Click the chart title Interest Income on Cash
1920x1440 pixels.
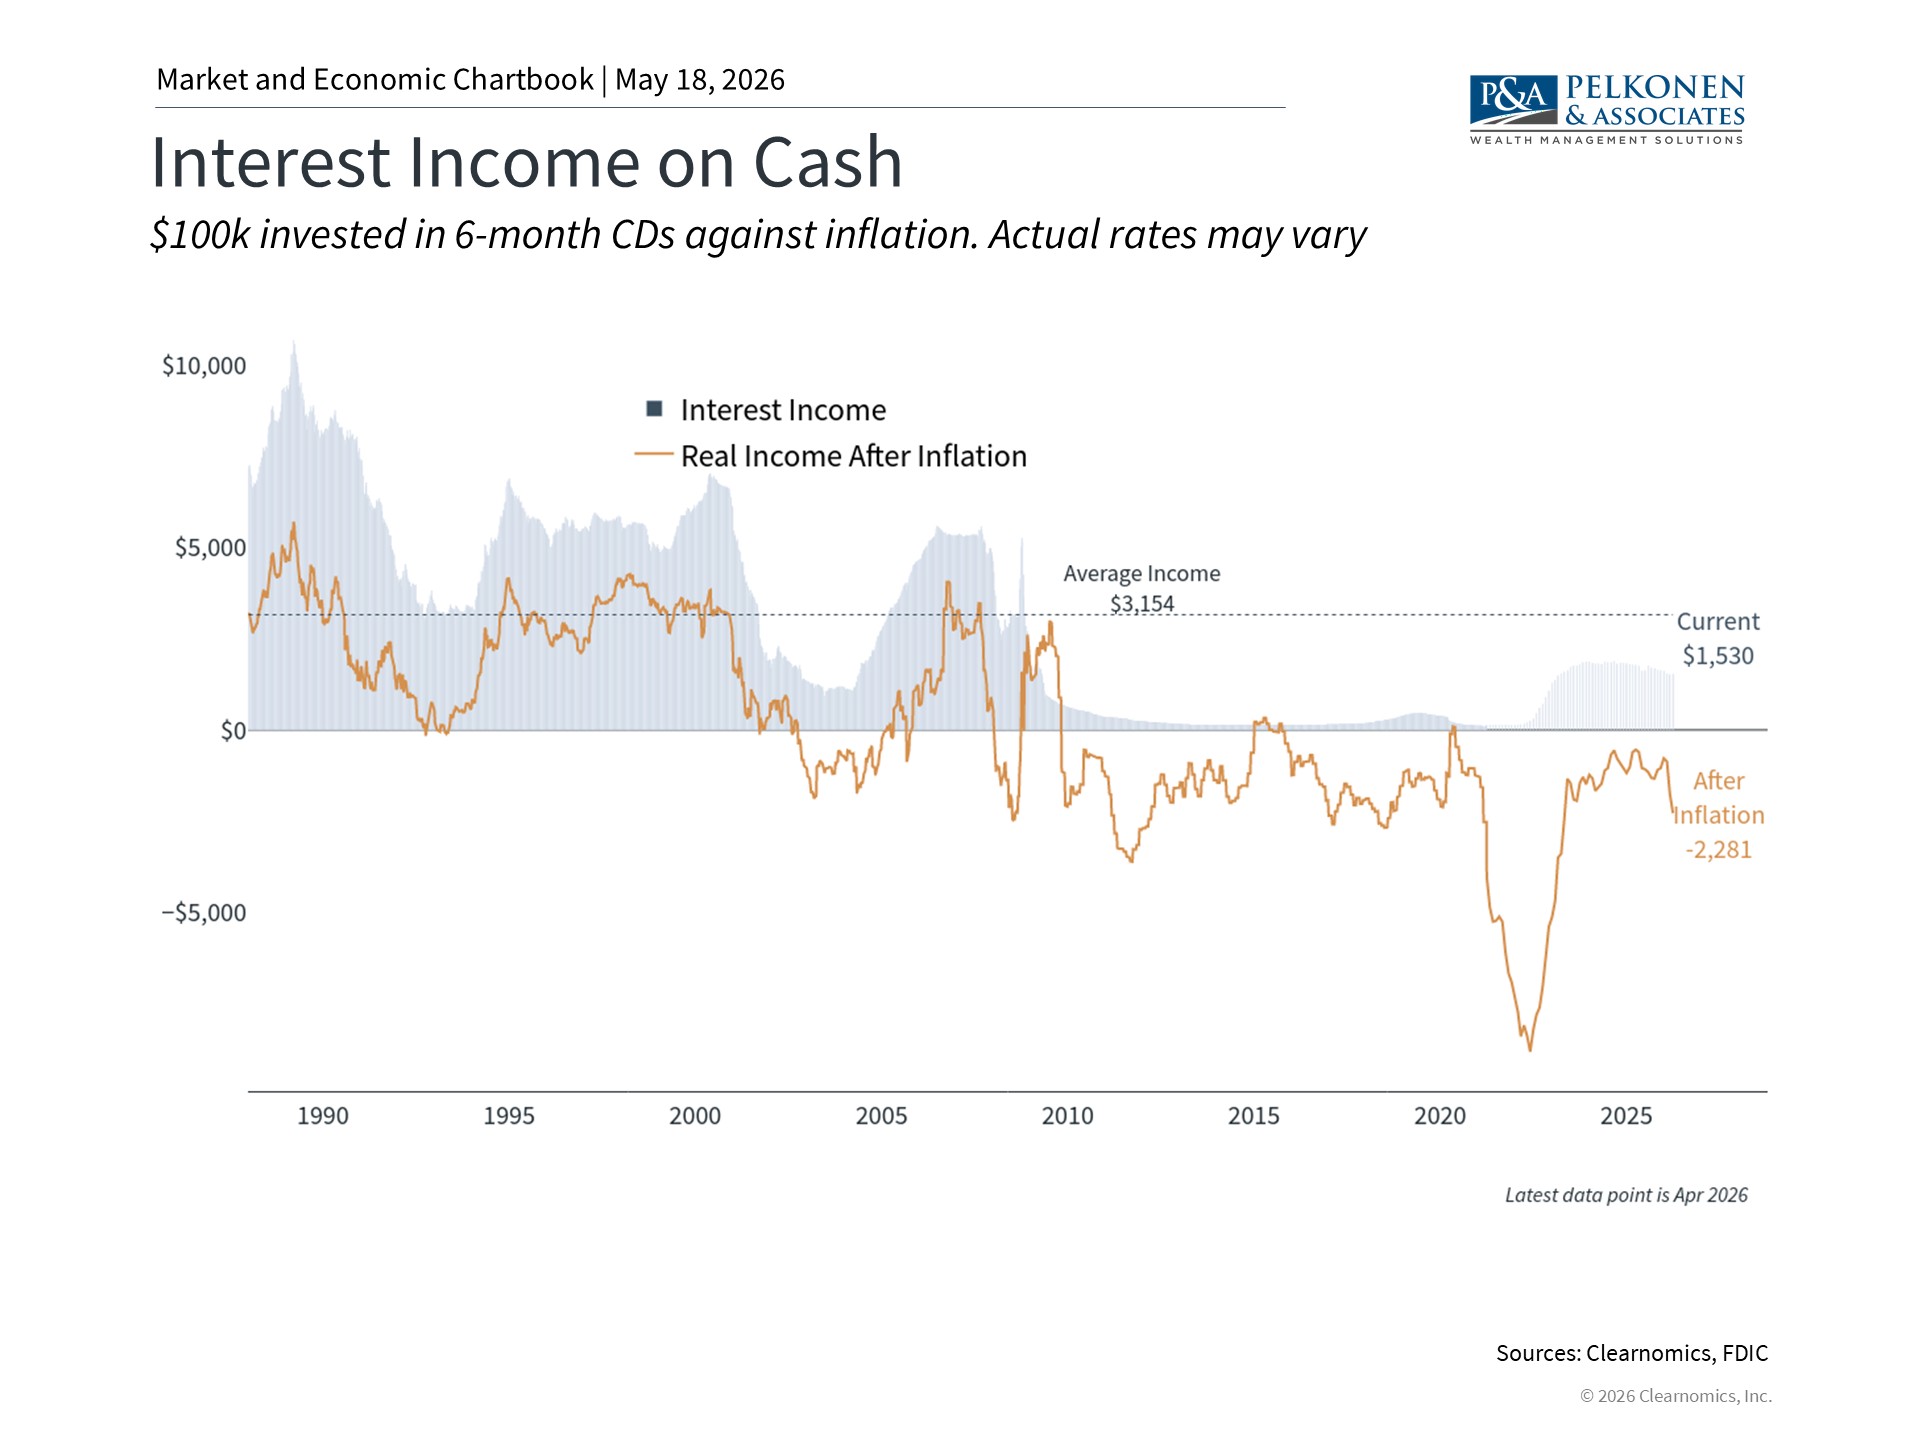[x=526, y=162]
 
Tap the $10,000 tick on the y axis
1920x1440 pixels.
[x=204, y=366]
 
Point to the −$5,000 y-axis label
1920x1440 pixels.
[x=204, y=913]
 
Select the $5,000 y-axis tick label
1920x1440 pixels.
[x=210, y=548]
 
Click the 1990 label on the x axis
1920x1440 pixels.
[x=323, y=1116]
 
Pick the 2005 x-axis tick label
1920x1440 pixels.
[x=881, y=1116]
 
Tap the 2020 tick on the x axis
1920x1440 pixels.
[x=1440, y=1116]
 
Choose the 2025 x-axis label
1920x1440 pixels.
[x=1626, y=1116]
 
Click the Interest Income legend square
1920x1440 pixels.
[x=655, y=408]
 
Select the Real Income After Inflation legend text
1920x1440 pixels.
[x=854, y=456]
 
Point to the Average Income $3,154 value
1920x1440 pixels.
[x=1142, y=604]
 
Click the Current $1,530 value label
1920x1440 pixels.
[x=1718, y=656]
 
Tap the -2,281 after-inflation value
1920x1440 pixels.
[x=1719, y=850]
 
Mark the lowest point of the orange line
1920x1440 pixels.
[x=1530, y=1050]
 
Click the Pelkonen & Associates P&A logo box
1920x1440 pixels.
[x=1513, y=99]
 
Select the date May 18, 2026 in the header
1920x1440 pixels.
[x=700, y=80]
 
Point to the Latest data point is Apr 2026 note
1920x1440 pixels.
[x=1626, y=1195]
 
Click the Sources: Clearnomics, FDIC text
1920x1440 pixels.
[x=1632, y=1353]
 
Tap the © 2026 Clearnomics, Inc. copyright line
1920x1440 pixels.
[x=1676, y=1396]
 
